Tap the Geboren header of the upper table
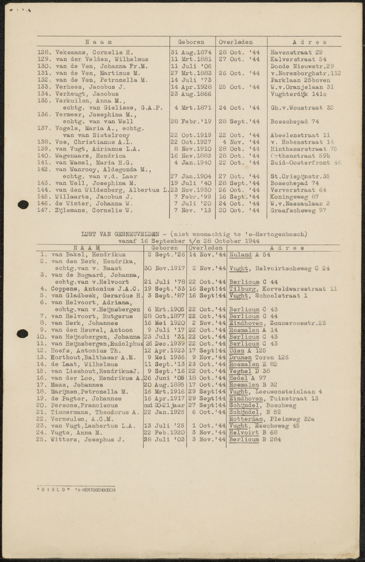192,42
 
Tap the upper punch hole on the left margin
22,204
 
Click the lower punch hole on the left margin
22,333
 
